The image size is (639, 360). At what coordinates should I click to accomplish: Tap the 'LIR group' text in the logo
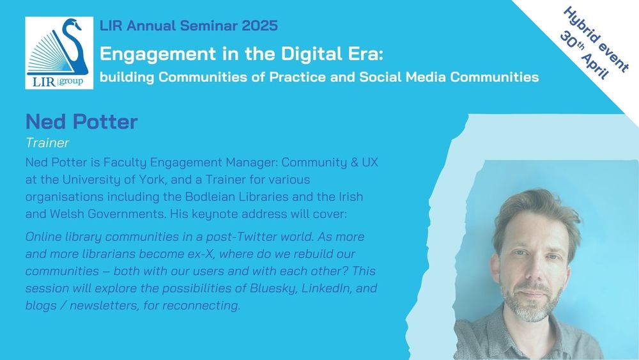58,82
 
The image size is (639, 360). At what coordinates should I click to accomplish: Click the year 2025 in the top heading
259,26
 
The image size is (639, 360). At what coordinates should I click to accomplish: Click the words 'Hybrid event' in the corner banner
596,40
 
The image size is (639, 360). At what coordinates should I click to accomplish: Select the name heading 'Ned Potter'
82,121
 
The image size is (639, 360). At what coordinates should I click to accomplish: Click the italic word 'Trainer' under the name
47,143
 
